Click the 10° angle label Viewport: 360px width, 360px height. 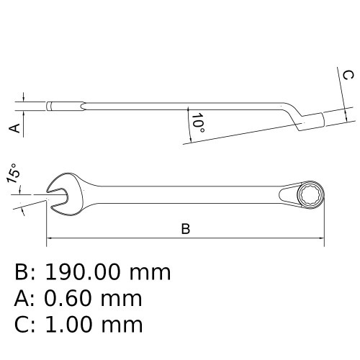point(198,123)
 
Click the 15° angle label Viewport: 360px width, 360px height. point(13,174)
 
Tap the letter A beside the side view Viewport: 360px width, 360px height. point(14,128)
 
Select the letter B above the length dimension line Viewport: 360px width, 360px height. point(186,229)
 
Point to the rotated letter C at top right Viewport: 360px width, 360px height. point(348,75)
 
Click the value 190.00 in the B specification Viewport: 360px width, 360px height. point(82,272)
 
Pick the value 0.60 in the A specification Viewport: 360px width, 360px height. point(68,299)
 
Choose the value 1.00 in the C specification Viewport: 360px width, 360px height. point(69,325)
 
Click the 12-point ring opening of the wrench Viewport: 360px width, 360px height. point(310,194)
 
